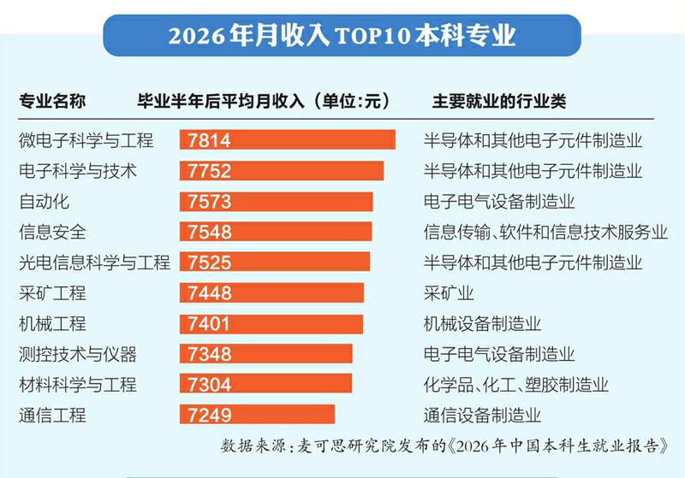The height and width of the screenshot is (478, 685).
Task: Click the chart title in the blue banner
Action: (x=342, y=35)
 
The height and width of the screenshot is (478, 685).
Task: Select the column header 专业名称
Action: (x=52, y=101)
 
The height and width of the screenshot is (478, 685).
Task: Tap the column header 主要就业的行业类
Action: (x=499, y=101)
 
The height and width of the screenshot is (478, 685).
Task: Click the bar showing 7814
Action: (x=288, y=139)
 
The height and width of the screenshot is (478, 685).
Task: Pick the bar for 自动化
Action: (x=276, y=202)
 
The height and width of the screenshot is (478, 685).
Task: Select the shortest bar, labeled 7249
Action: (x=257, y=415)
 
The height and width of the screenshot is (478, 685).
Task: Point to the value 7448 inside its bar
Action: (x=209, y=293)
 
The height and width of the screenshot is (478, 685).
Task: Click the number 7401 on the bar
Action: (x=208, y=323)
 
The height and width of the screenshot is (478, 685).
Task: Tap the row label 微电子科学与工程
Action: (x=86, y=140)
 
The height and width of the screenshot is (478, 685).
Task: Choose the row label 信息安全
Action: (x=52, y=232)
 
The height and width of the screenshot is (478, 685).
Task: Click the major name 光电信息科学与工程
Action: (x=94, y=263)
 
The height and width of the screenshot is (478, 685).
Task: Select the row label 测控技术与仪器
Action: (x=78, y=354)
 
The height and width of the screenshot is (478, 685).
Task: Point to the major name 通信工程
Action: (x=52, y=416)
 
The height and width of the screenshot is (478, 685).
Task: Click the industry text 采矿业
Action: (x=449, y=293)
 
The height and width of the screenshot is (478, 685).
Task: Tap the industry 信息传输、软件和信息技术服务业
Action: (x=545, y=232)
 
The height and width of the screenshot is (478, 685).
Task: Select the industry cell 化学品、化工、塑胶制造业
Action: (x=516, y=385)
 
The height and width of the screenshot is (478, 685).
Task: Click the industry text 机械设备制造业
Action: (x=482, y=323)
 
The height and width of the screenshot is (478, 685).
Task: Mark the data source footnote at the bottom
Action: (x=444, y=446)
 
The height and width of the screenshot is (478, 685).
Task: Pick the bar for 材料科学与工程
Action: (x=265, y=384)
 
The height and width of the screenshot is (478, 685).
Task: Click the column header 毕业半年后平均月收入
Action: (x=221, y=101)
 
